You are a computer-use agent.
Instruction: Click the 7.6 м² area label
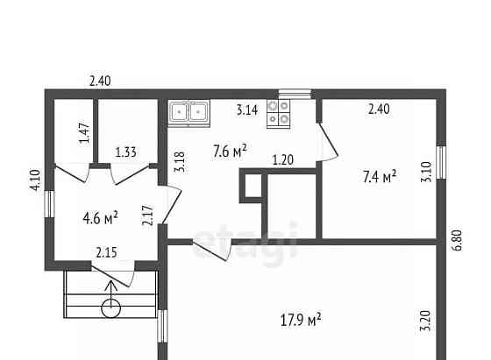[230, 151]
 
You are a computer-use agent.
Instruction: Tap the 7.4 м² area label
[380, 176]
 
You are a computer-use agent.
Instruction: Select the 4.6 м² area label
[100, 217]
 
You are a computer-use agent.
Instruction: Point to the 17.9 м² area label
[301, 320]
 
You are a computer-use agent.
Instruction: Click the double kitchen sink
[189, 113]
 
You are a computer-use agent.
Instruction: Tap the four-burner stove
[279, 114]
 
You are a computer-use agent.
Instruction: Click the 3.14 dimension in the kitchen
[247, 110]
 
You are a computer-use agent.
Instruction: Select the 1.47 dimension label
[84, 132]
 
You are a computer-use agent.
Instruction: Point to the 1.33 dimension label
[126, 152]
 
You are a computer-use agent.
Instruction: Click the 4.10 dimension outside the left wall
[35, 180]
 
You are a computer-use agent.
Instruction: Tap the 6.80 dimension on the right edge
[457, 240]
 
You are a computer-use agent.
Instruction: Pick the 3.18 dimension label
[180, 162]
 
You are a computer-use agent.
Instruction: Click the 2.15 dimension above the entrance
[106, 252]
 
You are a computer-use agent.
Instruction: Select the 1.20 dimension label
[283, 160]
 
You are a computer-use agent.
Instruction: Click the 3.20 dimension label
[425, 321]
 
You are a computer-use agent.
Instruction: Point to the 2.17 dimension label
[147, 215]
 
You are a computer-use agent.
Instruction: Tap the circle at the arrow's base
[110, 308]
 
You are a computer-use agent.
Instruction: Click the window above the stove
[295, 94]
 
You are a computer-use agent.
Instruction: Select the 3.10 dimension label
[426, 172]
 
